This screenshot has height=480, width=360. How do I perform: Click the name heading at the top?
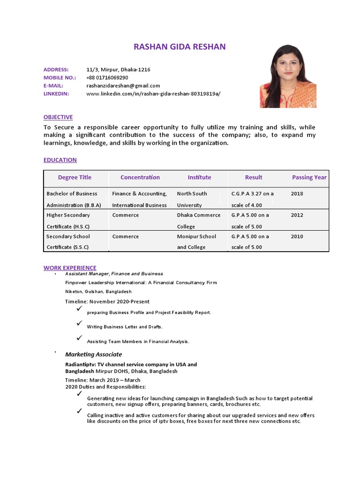(180, 46)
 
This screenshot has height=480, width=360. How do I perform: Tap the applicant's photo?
(288, 76)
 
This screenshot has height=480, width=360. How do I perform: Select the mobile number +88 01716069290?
(107, 77)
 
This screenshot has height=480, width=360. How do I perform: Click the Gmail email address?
(123, 85)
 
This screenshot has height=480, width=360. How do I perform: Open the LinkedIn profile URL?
(153, 93)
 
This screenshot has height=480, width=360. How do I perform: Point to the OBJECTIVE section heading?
(58, 117)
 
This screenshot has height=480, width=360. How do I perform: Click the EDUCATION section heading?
(60, 160)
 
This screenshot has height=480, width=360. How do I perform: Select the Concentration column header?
(140, 177)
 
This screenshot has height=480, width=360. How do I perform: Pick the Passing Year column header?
(309, 177)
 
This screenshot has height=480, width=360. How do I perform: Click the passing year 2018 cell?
(297, 194)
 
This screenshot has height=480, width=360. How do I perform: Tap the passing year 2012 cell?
(297, 215)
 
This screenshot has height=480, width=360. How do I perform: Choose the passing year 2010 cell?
(297, 237)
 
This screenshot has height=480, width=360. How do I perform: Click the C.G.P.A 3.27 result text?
(253, 194)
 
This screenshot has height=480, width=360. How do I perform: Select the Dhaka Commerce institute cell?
(199, 215)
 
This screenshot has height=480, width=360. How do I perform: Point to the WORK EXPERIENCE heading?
(70, 268)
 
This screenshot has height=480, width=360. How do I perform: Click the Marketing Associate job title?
(93, 354)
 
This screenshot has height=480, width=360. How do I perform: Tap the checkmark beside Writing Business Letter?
(79, 323)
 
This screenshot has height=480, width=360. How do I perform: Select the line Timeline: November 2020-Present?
(107, 301)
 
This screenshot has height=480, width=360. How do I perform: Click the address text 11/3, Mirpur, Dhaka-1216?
(118, 69)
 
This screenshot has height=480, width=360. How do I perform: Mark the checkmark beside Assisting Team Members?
(79, 337)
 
